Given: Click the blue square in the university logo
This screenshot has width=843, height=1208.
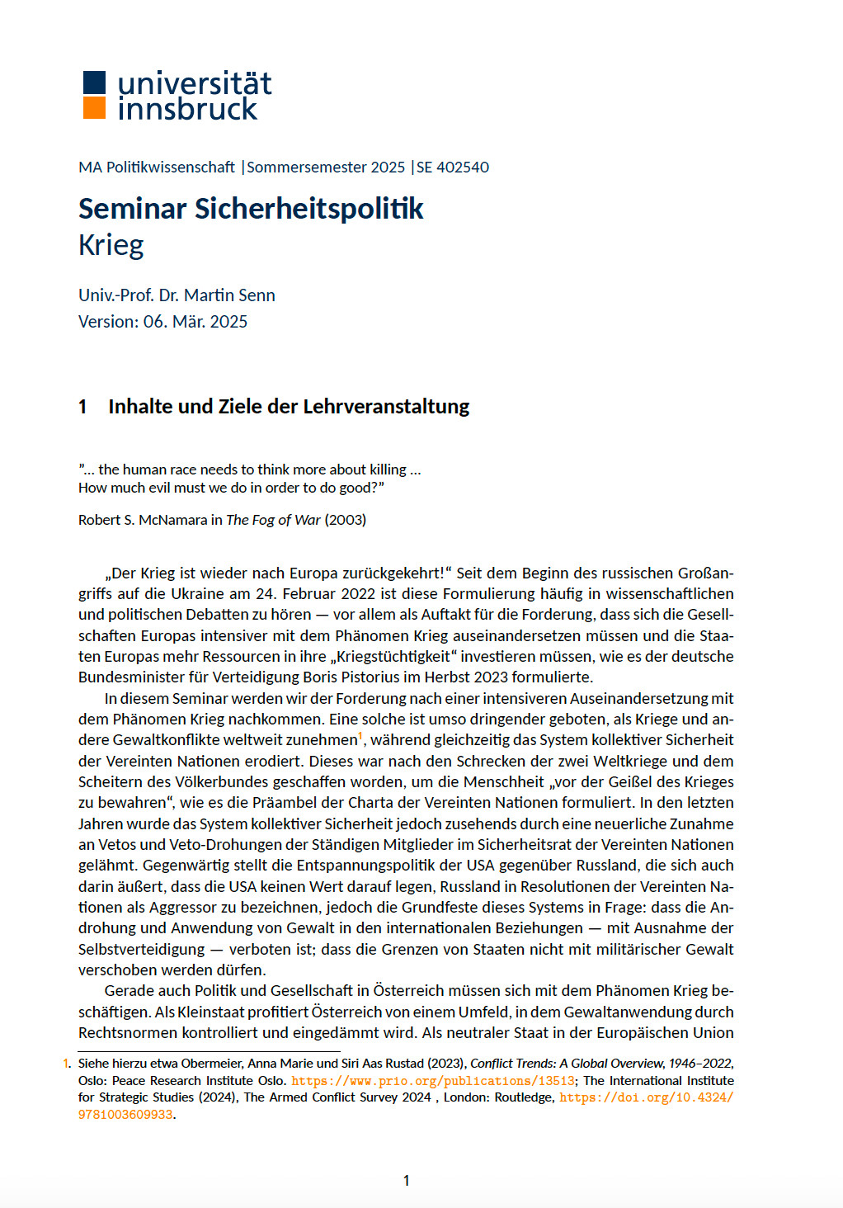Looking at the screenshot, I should tap(95, 82).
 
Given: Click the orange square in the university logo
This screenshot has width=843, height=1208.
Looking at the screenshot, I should tap(95, 108).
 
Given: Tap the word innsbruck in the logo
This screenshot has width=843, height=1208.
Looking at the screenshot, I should tap(188, 109).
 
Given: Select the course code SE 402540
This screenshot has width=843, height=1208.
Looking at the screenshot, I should tap(453, 167).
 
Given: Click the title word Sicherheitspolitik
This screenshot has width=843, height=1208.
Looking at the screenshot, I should tap(308, 209).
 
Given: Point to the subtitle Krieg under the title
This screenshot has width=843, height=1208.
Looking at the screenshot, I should tap(111, 245).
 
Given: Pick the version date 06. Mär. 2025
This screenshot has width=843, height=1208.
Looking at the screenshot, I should tap(195, 322).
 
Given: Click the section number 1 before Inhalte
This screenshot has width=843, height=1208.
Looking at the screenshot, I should tap(82, 407).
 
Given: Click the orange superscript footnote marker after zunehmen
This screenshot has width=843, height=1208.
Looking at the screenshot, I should tap(360, 735).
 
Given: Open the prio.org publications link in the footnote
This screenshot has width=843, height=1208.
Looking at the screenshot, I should tap(433, 1081).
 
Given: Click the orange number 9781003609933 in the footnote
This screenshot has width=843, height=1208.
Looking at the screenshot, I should tap(125, 1115).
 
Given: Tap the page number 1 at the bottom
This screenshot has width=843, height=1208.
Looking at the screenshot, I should tap(406, 1181).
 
